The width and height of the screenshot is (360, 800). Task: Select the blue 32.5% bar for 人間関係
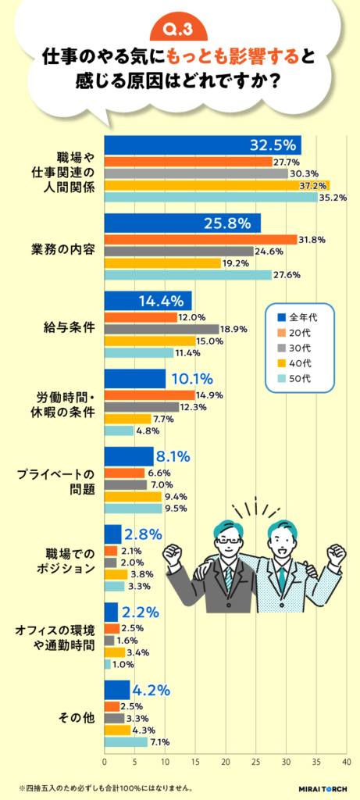pyautogui.click(x=202, y=145)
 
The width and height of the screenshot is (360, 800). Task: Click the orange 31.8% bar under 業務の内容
pyautogui.click(x=201, y=239)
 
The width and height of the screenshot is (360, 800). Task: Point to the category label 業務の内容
pyautogui.click(x=63, y=249)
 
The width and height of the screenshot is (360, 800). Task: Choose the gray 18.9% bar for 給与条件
pyautogui.click(x=162, y=329)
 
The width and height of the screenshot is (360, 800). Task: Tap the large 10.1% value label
pyautogui.click(x=192, y=379)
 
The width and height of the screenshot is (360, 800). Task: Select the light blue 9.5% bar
pyautogui.click(x=133, y=508)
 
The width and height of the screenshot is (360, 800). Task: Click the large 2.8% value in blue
pyautogui.click(x=143, y=534)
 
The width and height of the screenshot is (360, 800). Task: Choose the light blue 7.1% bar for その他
pyautogui.click(x=126, y=741)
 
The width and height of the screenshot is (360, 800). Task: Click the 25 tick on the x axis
pyautogui.click(x=255, y=761)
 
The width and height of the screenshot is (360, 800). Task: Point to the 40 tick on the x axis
pyautogui.click(x=346, y=761)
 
